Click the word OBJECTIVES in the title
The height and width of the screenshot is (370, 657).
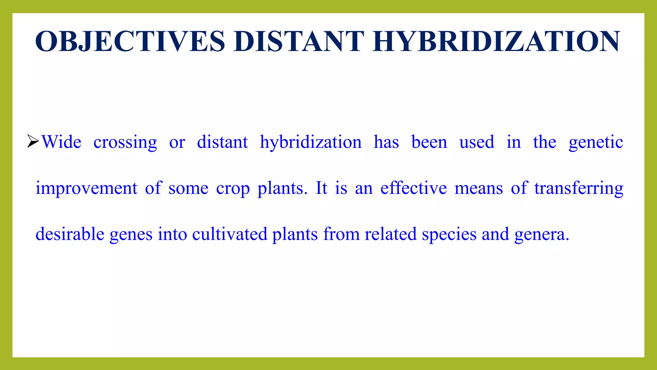pos(130,41)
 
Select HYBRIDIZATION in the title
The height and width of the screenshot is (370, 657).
pos(496,41)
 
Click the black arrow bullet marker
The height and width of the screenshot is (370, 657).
pos(33,141)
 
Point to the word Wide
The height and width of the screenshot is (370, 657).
pos(62,142)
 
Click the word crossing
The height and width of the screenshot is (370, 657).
pos(125,143)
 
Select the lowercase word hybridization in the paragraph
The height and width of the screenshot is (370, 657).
pos(311,143)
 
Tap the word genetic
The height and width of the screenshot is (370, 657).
pos(596,143)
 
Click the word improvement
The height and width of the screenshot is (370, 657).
pos(86,189)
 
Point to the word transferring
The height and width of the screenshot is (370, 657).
pos(579,189)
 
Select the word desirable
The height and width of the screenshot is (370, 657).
pos(70,234)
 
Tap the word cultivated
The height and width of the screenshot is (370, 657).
pos(230,234)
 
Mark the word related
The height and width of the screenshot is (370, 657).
pos(390,234)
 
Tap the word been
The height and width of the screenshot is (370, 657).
pos(429,142)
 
